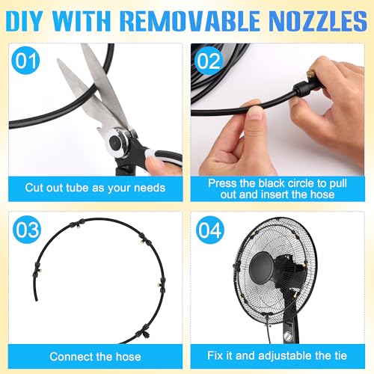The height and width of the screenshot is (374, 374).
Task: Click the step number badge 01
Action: [x=25, y=60]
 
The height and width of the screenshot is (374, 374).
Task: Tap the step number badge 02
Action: [x=209, y=61]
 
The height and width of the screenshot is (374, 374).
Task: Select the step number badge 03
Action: [x=27, y=230]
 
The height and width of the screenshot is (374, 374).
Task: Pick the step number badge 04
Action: [x=210, y=230]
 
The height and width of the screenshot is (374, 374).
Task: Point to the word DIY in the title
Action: [x=24, y=21]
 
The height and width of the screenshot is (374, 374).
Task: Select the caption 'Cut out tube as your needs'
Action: [x=95, y=188]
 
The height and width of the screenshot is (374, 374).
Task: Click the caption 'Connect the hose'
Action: [x=95, y=357]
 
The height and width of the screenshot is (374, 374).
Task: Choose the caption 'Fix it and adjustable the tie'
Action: [x=277, y=355]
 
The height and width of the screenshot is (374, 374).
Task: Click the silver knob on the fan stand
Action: [x=288, y=337]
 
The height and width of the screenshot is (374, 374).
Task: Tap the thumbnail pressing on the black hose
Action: [x=255, y=114]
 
